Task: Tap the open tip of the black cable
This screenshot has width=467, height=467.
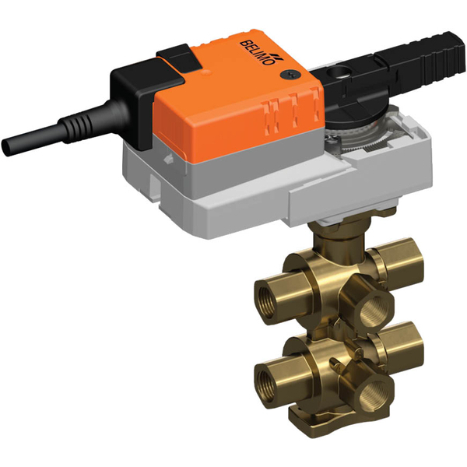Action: tap(9, 145)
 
